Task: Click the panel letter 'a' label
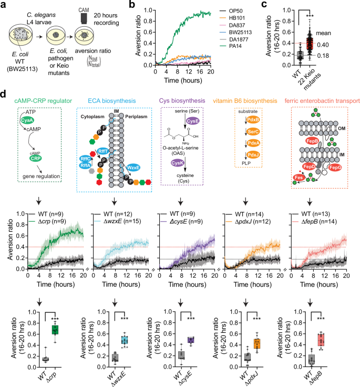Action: (x=4, y=5)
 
